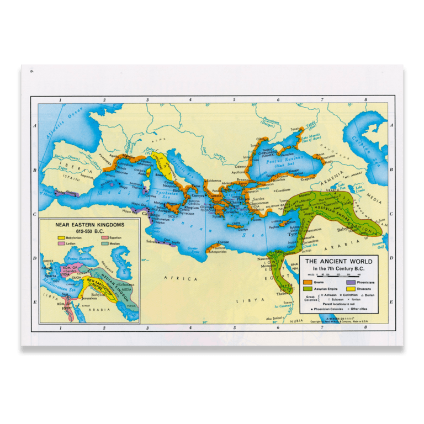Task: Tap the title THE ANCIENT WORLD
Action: point(339,261)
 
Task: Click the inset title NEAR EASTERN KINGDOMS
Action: point(89,225)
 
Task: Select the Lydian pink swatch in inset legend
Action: point(61,243)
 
